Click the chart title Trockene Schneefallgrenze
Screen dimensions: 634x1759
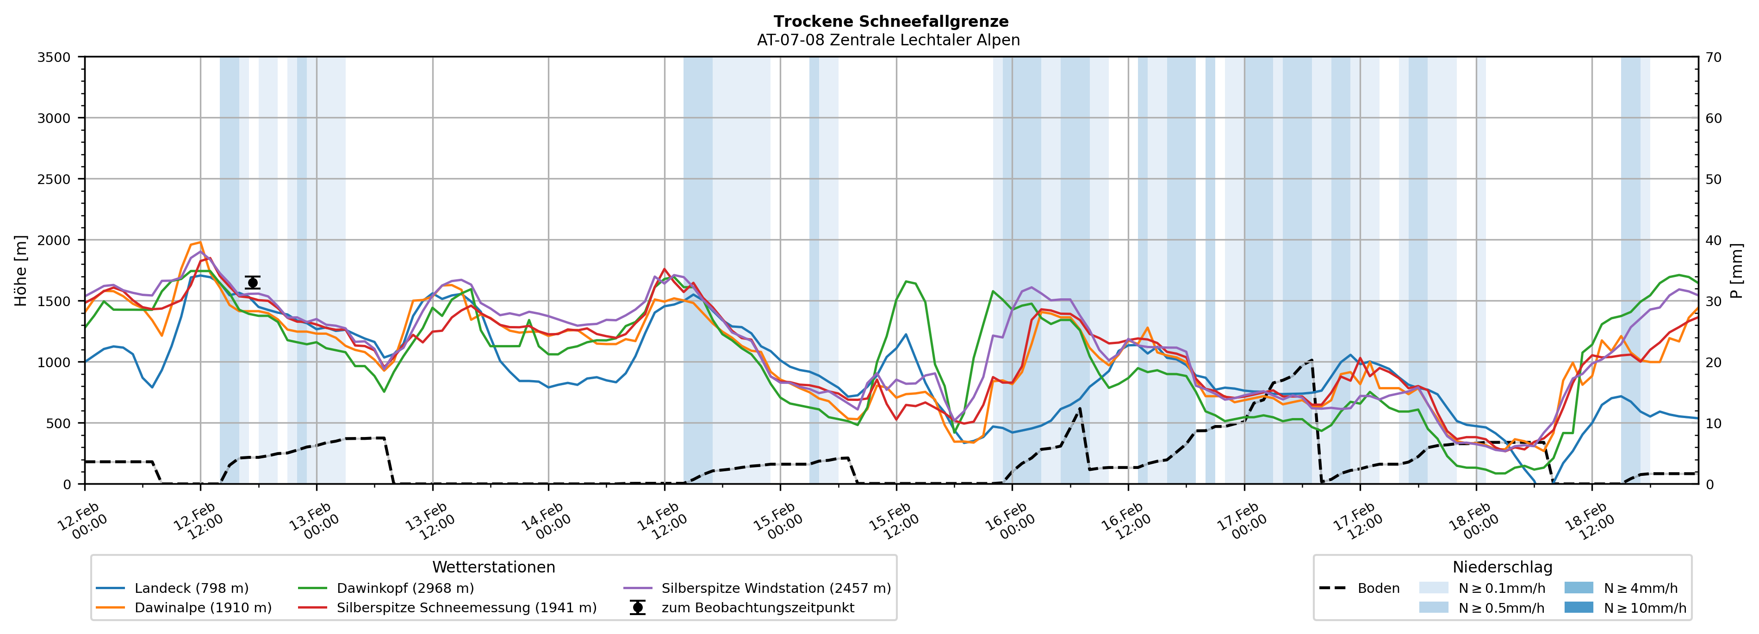(890, 22)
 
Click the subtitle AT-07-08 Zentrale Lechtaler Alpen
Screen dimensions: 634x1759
(888, 40)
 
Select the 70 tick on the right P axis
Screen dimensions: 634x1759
(1713, 57)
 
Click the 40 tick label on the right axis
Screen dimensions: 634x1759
(1713, 240)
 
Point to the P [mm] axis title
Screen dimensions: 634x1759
(1736, 271)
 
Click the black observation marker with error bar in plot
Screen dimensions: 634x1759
(253, 283)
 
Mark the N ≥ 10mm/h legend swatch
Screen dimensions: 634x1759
(1578, 607)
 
